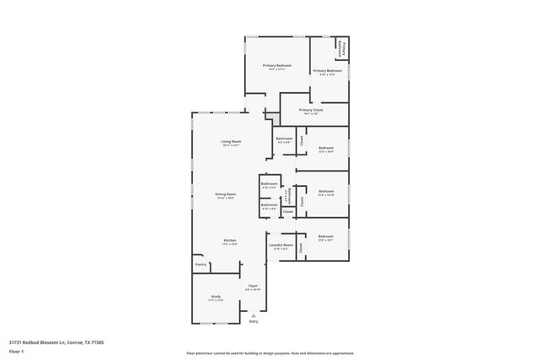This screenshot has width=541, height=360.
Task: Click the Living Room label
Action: point(231,141)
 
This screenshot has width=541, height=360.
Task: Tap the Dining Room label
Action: point(225,194)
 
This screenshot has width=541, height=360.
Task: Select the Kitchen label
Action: point(230,240)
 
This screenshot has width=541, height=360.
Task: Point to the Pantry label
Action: point(200,265)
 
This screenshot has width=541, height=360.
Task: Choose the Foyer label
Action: point(253,286)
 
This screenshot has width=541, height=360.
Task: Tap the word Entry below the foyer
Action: point(253,321)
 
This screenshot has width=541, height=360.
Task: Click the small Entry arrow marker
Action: point(253,314)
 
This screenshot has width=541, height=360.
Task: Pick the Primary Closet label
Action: point(311,109)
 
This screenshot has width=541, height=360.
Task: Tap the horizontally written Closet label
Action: point(287,211)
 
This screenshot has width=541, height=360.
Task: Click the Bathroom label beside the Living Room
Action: point(284,139)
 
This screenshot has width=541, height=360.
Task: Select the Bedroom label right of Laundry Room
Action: point(326,237)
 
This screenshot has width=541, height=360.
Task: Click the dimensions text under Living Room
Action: point(231,146)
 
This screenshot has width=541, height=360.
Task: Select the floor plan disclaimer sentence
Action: point(270,352)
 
